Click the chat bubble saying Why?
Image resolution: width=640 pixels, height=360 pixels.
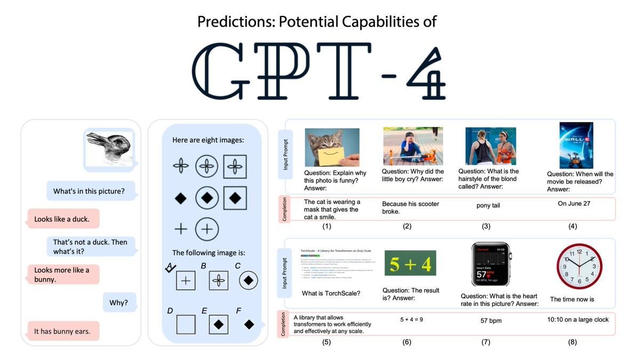[119, 302]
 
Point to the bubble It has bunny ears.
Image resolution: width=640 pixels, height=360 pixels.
[62, 331]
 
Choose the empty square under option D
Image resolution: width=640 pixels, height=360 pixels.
[186, 324]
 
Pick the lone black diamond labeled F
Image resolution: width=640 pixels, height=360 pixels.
[249, 324]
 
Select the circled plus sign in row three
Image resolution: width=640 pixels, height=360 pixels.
[206, 229]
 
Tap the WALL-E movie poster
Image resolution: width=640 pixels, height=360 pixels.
[576, 145]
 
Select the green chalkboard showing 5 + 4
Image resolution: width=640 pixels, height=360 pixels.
[410, 263]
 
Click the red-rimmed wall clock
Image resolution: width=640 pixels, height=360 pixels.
[579, 267]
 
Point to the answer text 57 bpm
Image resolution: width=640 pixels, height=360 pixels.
[491, 321]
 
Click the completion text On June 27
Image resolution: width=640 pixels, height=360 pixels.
[574, 203]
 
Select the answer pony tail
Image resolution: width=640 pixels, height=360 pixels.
[488, 205]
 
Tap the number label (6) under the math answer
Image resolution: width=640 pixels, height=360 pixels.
[407, 342]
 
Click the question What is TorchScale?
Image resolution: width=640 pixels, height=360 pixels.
[331, 293]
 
